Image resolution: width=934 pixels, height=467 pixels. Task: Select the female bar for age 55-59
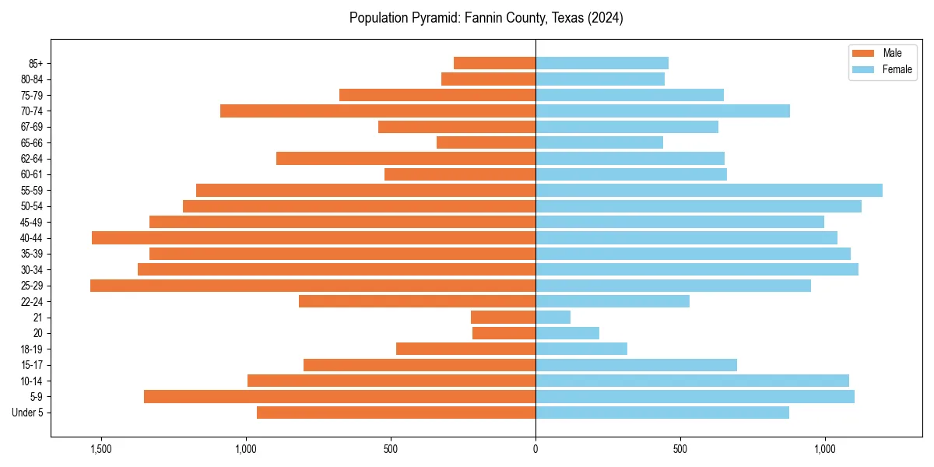tap(709, 190)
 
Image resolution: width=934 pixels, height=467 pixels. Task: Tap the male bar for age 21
tap(503, 317)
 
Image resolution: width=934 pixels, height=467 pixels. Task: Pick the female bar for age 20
tap(567, 333)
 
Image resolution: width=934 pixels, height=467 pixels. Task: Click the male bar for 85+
tap(494, 63)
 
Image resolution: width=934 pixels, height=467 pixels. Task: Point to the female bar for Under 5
tap(662, 413)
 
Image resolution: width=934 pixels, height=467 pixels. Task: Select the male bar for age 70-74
tap(377, 111)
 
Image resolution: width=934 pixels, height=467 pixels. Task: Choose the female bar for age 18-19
tap(581, 349)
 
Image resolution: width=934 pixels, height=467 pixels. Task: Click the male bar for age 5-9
tap(339, 396)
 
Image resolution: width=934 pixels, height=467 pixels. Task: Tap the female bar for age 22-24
tap(613, 301)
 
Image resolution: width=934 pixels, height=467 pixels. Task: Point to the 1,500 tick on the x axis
tap(101, 449)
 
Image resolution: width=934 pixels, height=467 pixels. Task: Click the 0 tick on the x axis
tap(535, 449)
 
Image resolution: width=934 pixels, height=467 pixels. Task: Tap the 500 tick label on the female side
tap(680, 449)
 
